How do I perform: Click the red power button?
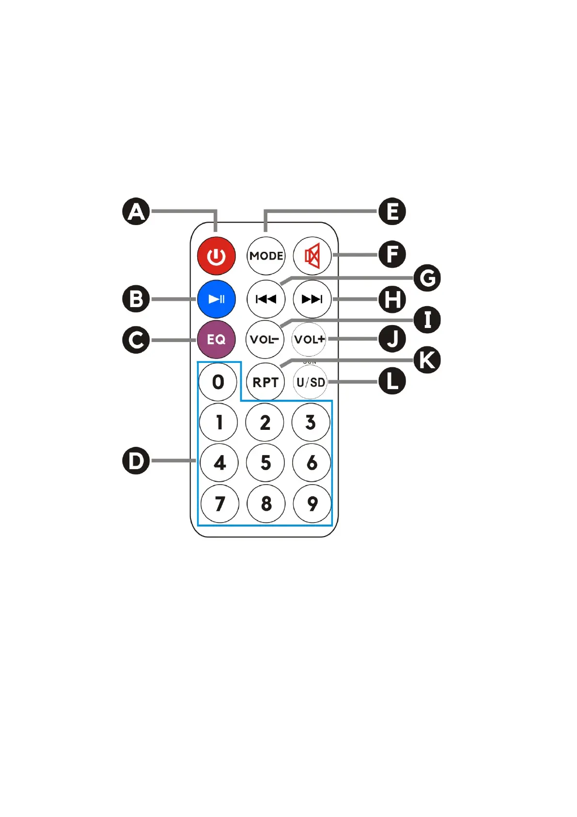216,256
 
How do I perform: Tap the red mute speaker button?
312,256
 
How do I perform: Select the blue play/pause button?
216,299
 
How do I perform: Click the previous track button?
265,299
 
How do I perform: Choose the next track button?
312,299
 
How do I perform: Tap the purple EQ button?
216,339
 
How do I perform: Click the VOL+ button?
309,339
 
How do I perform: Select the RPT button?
265,382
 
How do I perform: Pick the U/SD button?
310,382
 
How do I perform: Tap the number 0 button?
218,382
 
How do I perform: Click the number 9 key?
312,504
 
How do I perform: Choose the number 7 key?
219,504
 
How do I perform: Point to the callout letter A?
136,212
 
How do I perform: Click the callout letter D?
136,460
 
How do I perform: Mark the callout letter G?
427,278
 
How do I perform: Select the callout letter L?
392,381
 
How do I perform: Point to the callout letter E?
392,212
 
